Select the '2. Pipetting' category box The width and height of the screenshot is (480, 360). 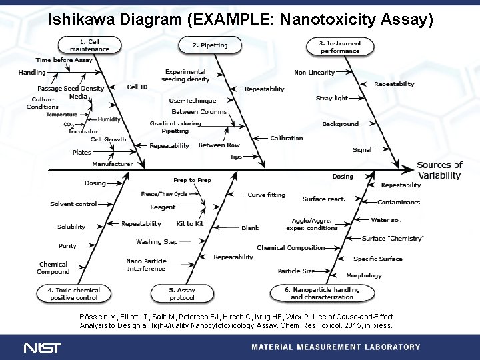click(x=210, y=45)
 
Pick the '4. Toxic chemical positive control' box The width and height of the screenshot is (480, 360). click(x=73, y=293)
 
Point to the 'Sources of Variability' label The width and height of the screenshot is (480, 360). click(x=439, y=170)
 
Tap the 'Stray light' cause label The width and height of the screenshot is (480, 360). click(x=331, y=98)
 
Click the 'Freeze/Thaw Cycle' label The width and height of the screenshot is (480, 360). click(x=164, y=193)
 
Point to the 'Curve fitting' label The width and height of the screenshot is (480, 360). click(x=266, y=195)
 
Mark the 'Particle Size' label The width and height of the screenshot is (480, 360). click(x=296, y=271)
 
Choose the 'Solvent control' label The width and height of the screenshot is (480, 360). click(x=73, y=204)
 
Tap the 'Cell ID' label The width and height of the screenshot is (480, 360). click(x=137, y=87)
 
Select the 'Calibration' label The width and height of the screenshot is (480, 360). click(x=287, y=139)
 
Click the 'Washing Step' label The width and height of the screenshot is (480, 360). click(x=157, y=241)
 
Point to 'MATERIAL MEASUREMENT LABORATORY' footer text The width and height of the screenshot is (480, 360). click(x=335, y=347)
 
